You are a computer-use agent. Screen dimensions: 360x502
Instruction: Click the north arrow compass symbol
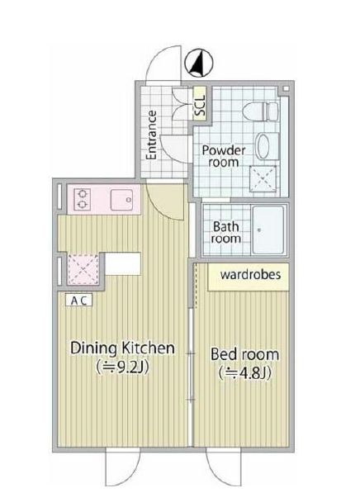[x=199, y=63]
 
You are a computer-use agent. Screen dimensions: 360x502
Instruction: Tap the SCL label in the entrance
[x=200, y=106]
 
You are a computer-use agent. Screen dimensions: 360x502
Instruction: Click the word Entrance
[x=151, y=135]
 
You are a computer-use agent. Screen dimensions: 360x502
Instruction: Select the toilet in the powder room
[x=260, y=111]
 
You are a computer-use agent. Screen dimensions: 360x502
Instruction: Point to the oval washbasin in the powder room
[x=263, y=146]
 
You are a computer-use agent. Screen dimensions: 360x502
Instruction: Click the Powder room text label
[x=224, y=156]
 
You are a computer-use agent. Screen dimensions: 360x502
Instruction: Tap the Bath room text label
[x=225, y=233]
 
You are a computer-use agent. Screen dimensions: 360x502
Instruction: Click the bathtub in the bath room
[x=268, y=230]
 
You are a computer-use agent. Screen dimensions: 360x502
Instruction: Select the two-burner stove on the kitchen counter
[x=82, y=199]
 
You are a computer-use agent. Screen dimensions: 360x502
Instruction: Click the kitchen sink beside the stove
[x=121, y=200]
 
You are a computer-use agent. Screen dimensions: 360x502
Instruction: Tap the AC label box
[x=78, y=301]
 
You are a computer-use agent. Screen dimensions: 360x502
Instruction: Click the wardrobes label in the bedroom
[x=251, y=275]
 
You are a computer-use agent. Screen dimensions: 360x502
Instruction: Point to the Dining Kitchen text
[x=123, y=348]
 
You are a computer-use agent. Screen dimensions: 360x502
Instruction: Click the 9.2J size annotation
[x=123, y=367]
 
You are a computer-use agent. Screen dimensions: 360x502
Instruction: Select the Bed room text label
[x=244, y=354]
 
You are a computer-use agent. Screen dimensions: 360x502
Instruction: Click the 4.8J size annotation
[x=244, y=373]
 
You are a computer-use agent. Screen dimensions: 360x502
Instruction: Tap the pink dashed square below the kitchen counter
[x=83, y=268]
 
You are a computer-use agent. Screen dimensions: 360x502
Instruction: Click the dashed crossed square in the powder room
[x=263, y=178]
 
